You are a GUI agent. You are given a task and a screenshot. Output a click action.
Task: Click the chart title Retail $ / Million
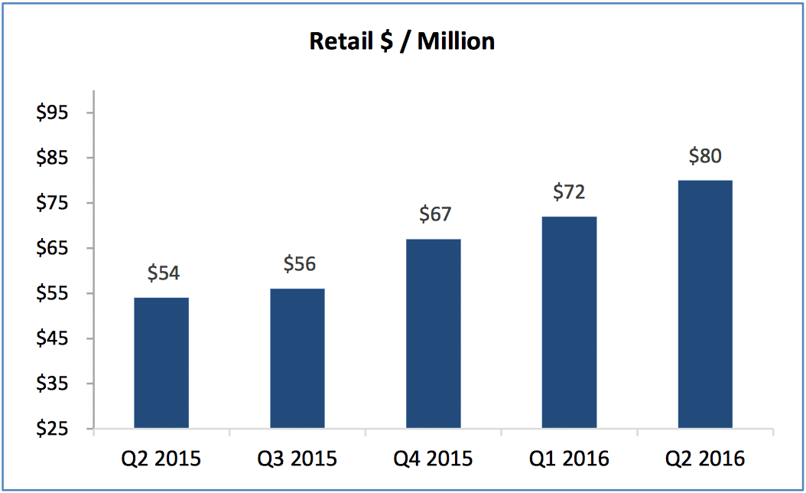coord(401,41)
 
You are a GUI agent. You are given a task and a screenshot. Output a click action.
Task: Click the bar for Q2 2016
coord(705,304)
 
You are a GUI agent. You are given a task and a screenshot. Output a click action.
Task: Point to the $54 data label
coord(164,273)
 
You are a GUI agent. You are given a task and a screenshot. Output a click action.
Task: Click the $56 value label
coord(300,264)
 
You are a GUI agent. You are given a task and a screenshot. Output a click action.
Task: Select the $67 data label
coord(435,214)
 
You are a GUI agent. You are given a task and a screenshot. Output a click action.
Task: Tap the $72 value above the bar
coord(570,191)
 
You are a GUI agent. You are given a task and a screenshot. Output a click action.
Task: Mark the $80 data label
coord(705,156)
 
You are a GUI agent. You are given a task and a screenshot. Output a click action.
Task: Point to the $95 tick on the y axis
coord(53,113)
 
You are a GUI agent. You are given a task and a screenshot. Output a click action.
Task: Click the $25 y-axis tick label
coord(53,429)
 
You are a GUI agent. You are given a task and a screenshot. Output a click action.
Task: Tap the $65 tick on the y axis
coord(53,249)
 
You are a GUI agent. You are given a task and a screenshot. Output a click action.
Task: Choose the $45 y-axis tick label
coord(53,339)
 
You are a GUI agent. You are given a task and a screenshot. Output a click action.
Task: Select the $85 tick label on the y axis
coord(53,158)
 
